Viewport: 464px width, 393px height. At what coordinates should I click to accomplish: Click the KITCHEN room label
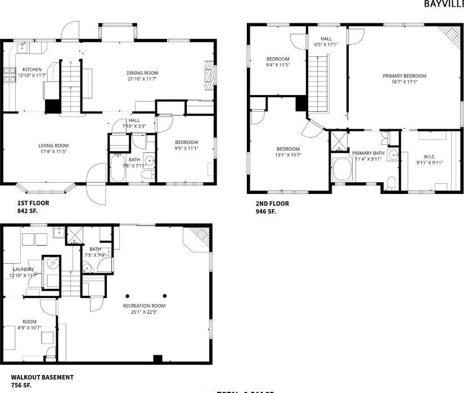pyautogui.click(x=32, y=69)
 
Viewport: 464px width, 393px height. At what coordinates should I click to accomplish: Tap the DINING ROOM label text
pyautogui.click(x=142, y=73)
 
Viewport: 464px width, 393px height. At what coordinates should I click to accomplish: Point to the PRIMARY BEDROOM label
pyautogui.click(x=404, y=76)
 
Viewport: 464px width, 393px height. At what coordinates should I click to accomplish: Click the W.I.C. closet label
pyautogui.click(x=429, y=157)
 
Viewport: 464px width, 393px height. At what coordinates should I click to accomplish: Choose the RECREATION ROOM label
pyautogui.click(x=144, y=306)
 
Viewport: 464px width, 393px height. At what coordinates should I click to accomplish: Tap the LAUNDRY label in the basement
pyautogui.click(x=24, y=269)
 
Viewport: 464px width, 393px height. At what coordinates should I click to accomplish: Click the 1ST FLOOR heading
pyautogui.click(x=33, y=203)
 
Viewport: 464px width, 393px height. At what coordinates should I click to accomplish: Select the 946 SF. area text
pyautogui.click(x=266, y=212)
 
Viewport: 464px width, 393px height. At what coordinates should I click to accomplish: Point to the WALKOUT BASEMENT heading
pyautogui.click(x=42, y=377)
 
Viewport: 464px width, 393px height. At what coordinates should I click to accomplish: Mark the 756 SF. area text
pyautogui.click(x=21, y=385)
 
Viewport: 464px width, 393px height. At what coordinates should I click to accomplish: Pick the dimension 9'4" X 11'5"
pyautogui.click(x=277, y=65)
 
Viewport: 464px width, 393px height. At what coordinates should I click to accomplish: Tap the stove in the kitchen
pyautogui.click(x=10, y=74)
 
